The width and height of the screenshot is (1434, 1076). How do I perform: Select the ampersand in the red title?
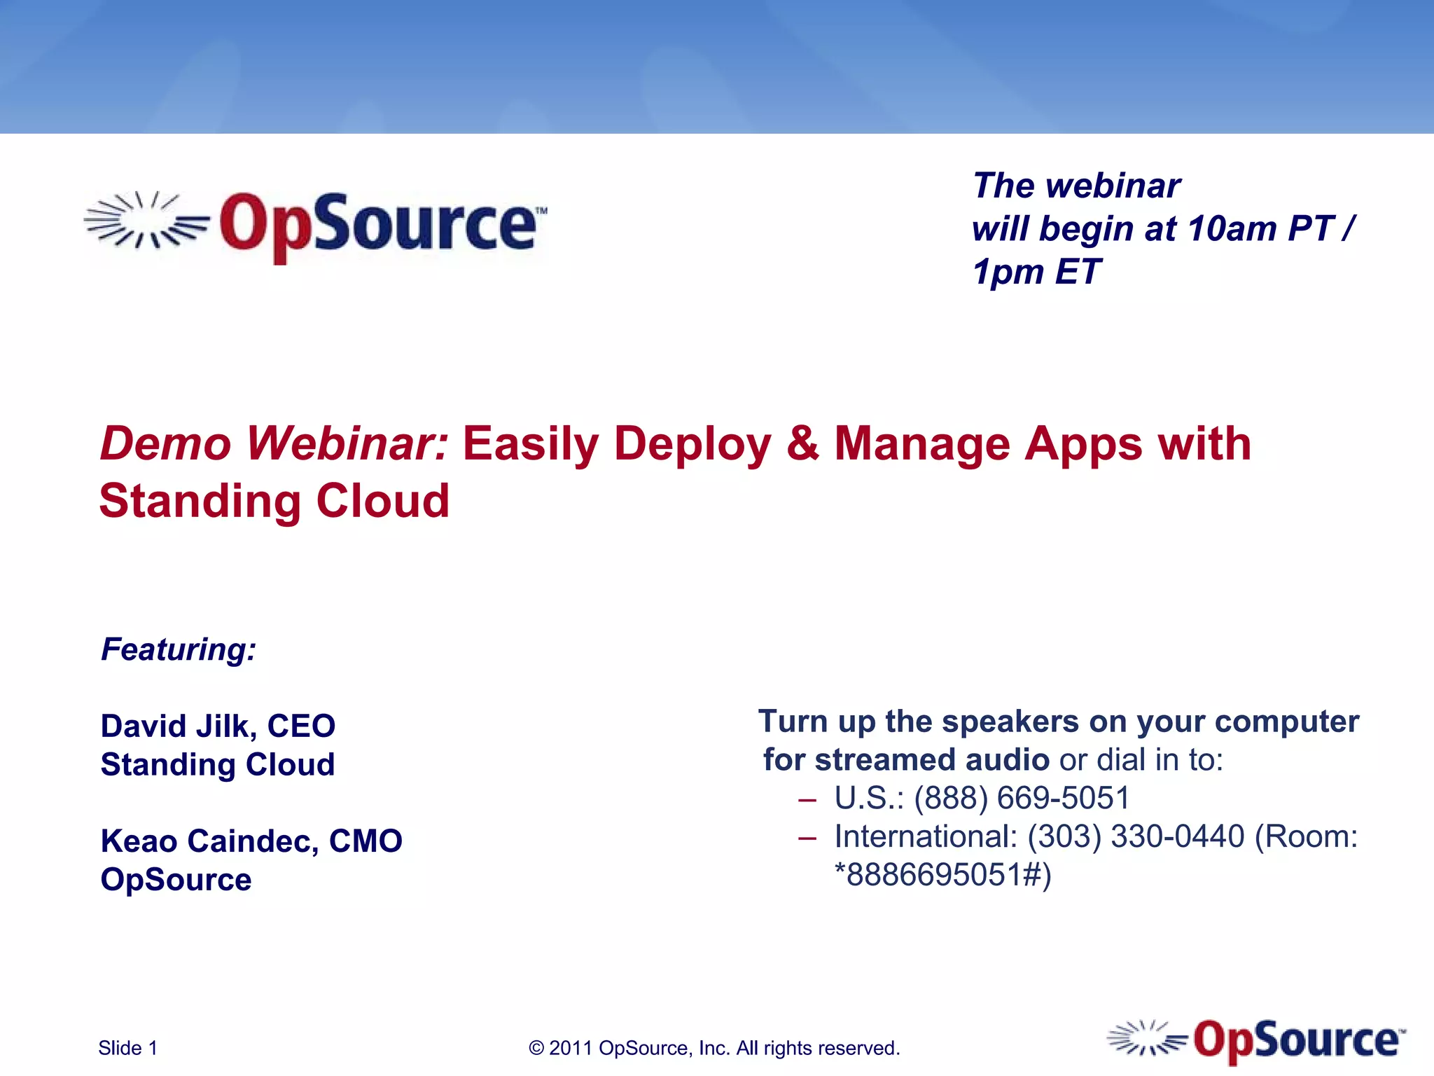[x=802, y=444]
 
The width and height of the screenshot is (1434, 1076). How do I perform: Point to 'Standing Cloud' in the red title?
[x=274, y=502]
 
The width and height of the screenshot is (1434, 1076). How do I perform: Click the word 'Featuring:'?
[x=179, y=649]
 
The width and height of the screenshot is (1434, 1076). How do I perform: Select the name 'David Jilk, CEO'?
[x=218, y=726]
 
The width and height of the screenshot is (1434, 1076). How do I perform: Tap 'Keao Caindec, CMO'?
[x=251, y=841]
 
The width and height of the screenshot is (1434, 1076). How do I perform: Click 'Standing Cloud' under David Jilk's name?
[x=218, y=764]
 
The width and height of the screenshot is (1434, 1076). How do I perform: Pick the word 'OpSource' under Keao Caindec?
[x=176, y=879]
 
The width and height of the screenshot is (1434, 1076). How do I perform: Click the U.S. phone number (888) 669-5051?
[x=1022, y=798]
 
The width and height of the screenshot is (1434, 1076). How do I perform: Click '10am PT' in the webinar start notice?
[x=1260, y=229]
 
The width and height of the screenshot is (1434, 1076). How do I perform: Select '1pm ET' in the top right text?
[x=1036, y=272]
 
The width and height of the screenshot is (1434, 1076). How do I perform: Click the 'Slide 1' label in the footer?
[x=127, y=1048]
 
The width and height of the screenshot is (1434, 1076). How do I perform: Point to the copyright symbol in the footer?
[x=536, y=1049]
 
